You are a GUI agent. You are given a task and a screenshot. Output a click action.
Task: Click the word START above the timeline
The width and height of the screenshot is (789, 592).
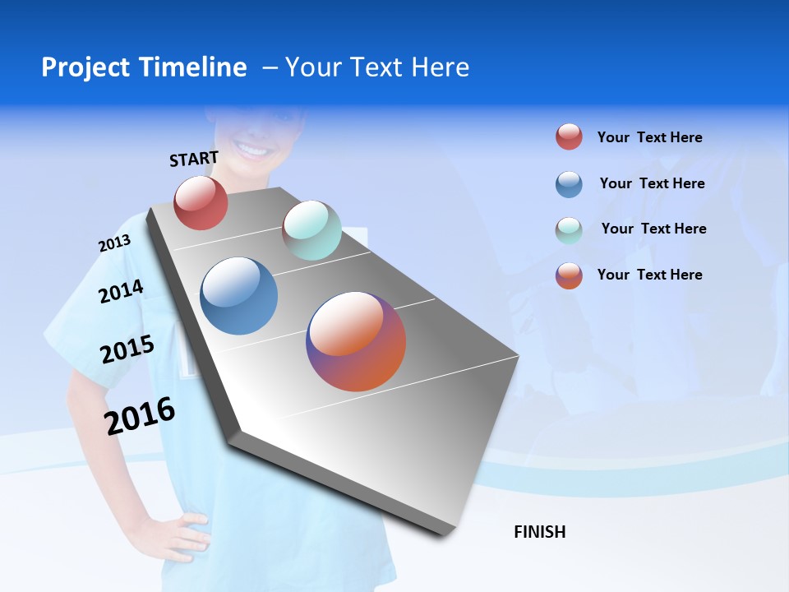pyautogui.click(x=194, y=158)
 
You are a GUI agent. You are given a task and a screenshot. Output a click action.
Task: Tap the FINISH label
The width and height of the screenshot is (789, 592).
pyautogui.click(x=539, y=532)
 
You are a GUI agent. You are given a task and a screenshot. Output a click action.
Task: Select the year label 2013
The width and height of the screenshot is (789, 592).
pyautogui.click(x=114, y=243)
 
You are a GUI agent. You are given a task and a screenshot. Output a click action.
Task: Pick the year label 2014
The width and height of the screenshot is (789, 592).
pyautogui.click(x=121, y=291)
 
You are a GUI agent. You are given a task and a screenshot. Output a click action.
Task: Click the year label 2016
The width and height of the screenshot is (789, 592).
pyautogui.click(x=140, y=416)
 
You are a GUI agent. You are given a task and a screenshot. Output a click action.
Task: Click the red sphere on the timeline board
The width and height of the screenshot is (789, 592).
pyautogui.click(x=201, y=202)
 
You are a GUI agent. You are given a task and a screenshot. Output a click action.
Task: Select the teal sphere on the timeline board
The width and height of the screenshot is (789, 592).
pyautogui.click(x=311, y=230)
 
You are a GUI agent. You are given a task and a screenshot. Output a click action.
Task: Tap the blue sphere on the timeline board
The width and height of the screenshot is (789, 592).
pyautogui.click(x=239, y=296)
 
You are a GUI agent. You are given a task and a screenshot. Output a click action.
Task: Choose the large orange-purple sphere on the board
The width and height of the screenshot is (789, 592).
pyautogui.click(x=356, y=341)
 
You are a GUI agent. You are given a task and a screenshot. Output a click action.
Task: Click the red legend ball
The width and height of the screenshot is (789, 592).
pyautogui.click(x=569, y=136)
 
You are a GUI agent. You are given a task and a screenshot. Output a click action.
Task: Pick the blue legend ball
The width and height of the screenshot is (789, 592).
pyautogui.click(x=569, y=184)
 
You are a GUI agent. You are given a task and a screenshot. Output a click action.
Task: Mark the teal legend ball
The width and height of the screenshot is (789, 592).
pyautogui.click(x=569, y=230)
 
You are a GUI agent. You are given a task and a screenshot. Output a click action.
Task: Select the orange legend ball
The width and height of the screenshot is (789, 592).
pyautogui.click(x=569, y=275)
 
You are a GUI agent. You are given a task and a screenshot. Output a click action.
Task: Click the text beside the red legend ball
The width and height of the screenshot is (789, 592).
pyautogui.click(x=649, y=137)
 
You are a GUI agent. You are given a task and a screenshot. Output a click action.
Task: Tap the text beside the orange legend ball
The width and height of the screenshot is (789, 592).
pyautogui.click(x=649, y=275)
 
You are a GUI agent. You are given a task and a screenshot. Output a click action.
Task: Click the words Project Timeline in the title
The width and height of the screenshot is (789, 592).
pyautogui.click(x=144, y=67)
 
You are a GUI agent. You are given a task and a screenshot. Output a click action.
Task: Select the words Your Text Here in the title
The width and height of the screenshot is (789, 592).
pyautogui.click(x=376, y=67)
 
